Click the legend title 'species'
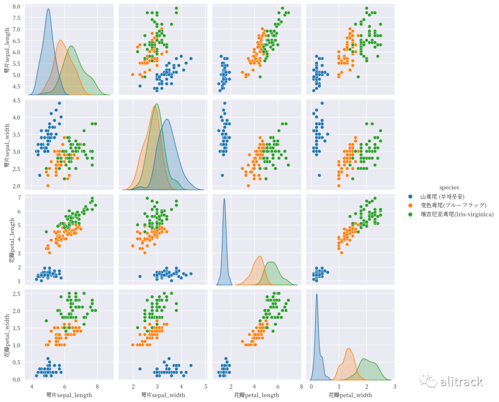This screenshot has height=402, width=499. [x=449, y=187]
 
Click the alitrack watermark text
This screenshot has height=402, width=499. [x=462, y=382]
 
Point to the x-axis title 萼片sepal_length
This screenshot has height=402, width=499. [x=69, y=395]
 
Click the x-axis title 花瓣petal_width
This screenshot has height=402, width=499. [x=350, y=395]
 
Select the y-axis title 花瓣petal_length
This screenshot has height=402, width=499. [x=12, y=238]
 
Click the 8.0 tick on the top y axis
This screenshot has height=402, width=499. [x=16, y=6]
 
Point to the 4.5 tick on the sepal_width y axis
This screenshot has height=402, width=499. [x=16, y=100]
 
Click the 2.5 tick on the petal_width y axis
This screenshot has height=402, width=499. [x=16, y=294]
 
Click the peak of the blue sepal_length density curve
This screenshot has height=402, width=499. [x=48, y=9]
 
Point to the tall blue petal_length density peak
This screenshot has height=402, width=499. [x=224, y=199]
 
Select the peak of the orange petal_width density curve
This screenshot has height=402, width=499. [x=348, y=348]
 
